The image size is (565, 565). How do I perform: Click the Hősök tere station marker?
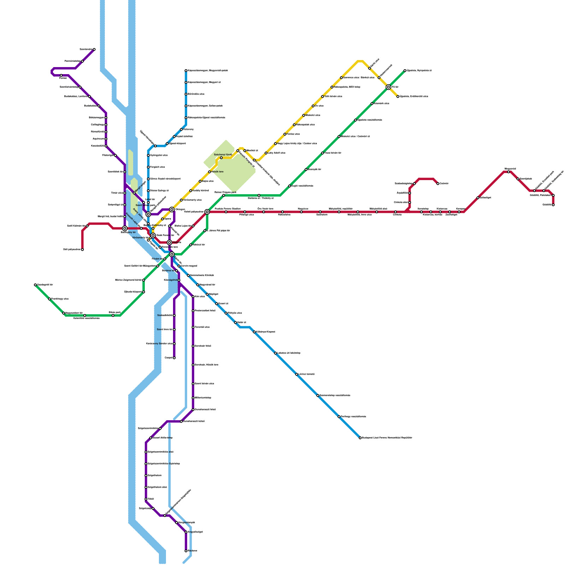210,172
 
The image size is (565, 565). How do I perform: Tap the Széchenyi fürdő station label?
223,155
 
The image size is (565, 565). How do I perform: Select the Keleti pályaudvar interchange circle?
207,212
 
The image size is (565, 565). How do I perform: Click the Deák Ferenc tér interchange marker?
153,236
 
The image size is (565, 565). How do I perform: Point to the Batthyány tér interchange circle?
125,228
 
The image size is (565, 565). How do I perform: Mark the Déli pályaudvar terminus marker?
82,250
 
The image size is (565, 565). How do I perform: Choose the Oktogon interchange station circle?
172,209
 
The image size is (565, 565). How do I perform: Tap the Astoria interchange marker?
169,243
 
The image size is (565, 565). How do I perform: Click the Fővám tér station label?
157,259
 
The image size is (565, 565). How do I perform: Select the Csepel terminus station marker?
174,358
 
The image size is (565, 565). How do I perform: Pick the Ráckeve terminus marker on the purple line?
186,551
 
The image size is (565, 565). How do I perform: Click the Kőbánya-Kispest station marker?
254,332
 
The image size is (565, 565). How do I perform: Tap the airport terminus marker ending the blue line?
360,438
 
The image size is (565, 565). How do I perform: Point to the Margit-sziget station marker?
134,193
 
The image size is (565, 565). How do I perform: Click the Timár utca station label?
117,193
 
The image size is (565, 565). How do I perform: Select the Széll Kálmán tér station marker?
87,226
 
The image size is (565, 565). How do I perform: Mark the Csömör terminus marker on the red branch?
438,184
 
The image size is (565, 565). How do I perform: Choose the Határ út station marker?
236,322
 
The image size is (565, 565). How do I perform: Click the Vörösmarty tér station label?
141,238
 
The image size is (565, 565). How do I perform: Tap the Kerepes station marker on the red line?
459,212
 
